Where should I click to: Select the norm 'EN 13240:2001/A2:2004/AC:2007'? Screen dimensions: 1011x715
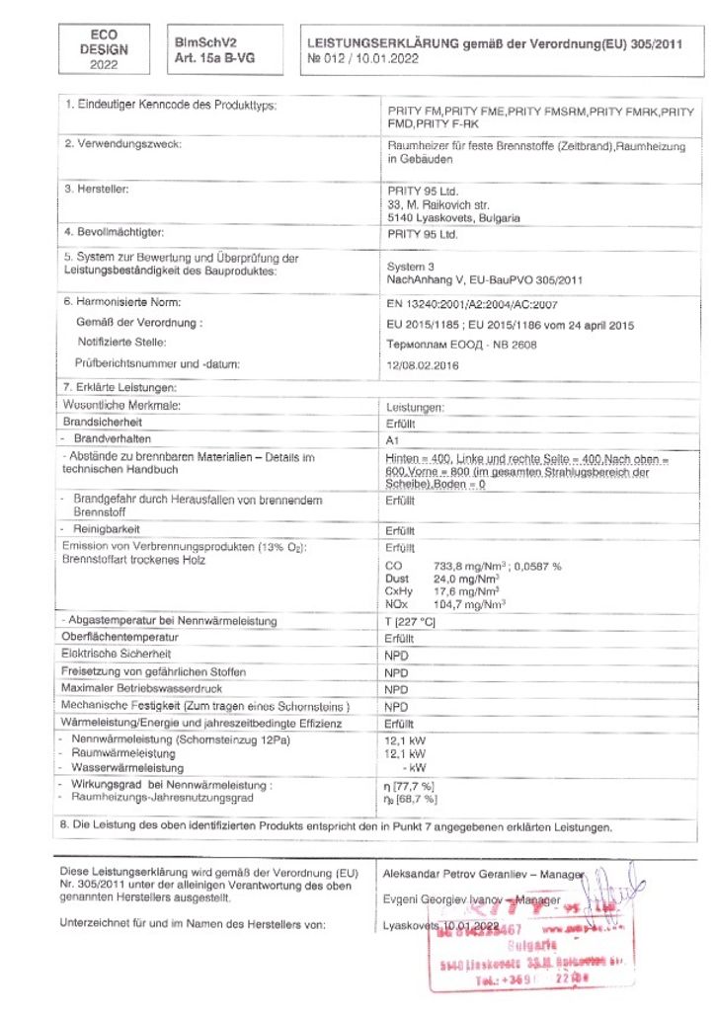point(472,303)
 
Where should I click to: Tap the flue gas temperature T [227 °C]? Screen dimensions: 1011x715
point(409,621)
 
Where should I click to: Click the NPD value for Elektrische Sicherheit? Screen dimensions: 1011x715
point(396,655)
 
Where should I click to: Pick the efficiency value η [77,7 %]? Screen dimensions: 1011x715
point(409,785)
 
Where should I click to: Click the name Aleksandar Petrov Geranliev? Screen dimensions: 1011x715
point(455,874)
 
